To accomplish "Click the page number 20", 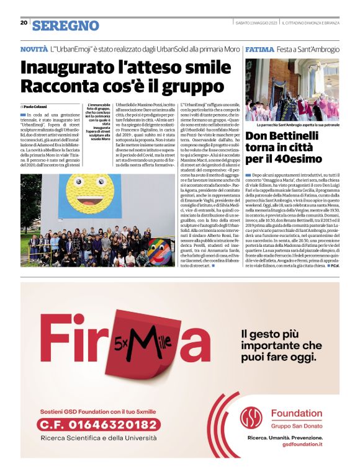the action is coord(23,23).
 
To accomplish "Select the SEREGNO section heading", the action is coord(66,25).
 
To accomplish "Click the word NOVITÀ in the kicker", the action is coord(34,49).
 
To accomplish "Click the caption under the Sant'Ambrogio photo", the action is coord(292,125).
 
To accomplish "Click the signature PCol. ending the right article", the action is coord(334,273).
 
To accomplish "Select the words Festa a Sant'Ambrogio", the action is coord(308,49).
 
